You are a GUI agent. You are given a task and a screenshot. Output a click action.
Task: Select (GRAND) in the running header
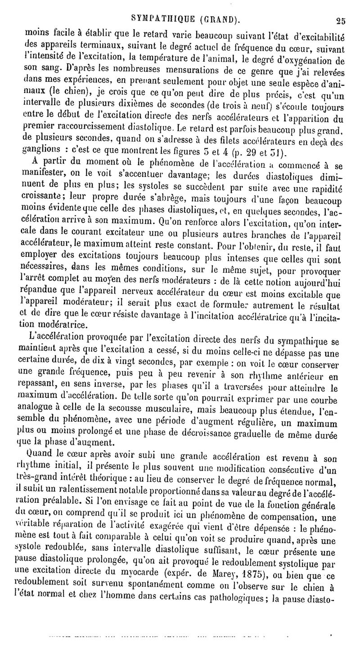(211, 19)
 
